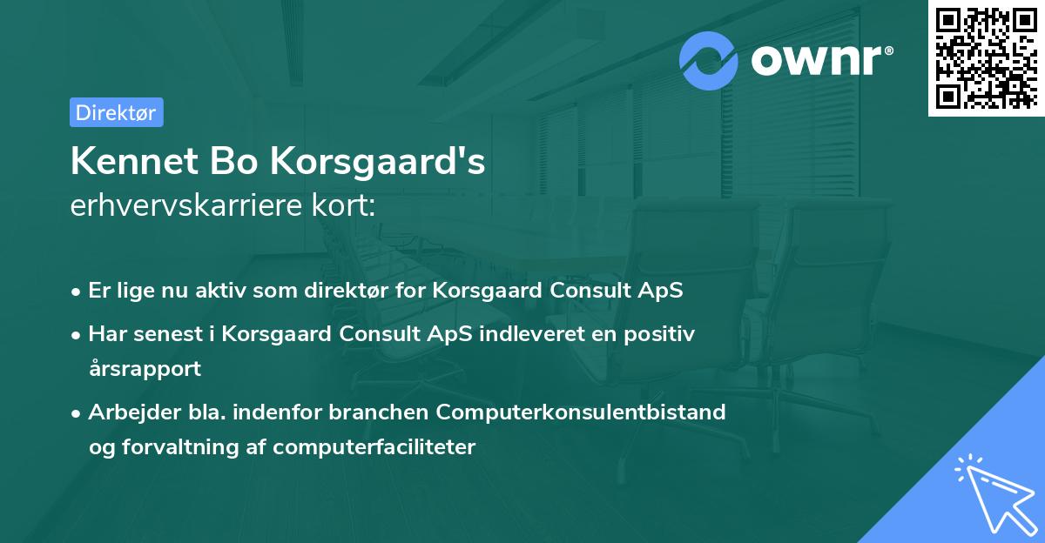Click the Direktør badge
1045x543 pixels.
tap(116, 112)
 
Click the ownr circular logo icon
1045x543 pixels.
tap(709, 60)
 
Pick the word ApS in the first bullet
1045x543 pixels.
tap(661, 291)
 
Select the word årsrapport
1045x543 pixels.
tap(145, 368)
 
